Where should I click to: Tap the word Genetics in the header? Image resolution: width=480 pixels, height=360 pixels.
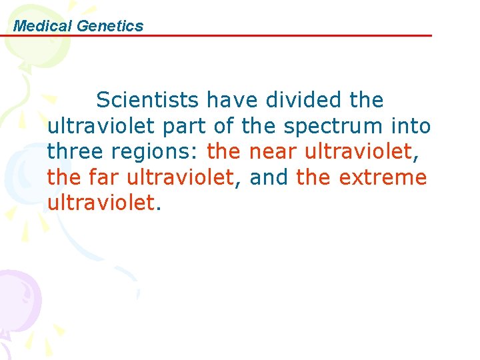pos(110,26)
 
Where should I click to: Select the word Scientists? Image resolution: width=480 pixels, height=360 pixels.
pos(147,100)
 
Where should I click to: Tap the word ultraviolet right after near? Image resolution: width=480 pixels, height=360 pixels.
pos(359,152)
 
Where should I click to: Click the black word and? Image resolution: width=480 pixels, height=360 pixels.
pos(270,178)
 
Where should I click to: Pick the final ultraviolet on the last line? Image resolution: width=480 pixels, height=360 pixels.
pos(101,204)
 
